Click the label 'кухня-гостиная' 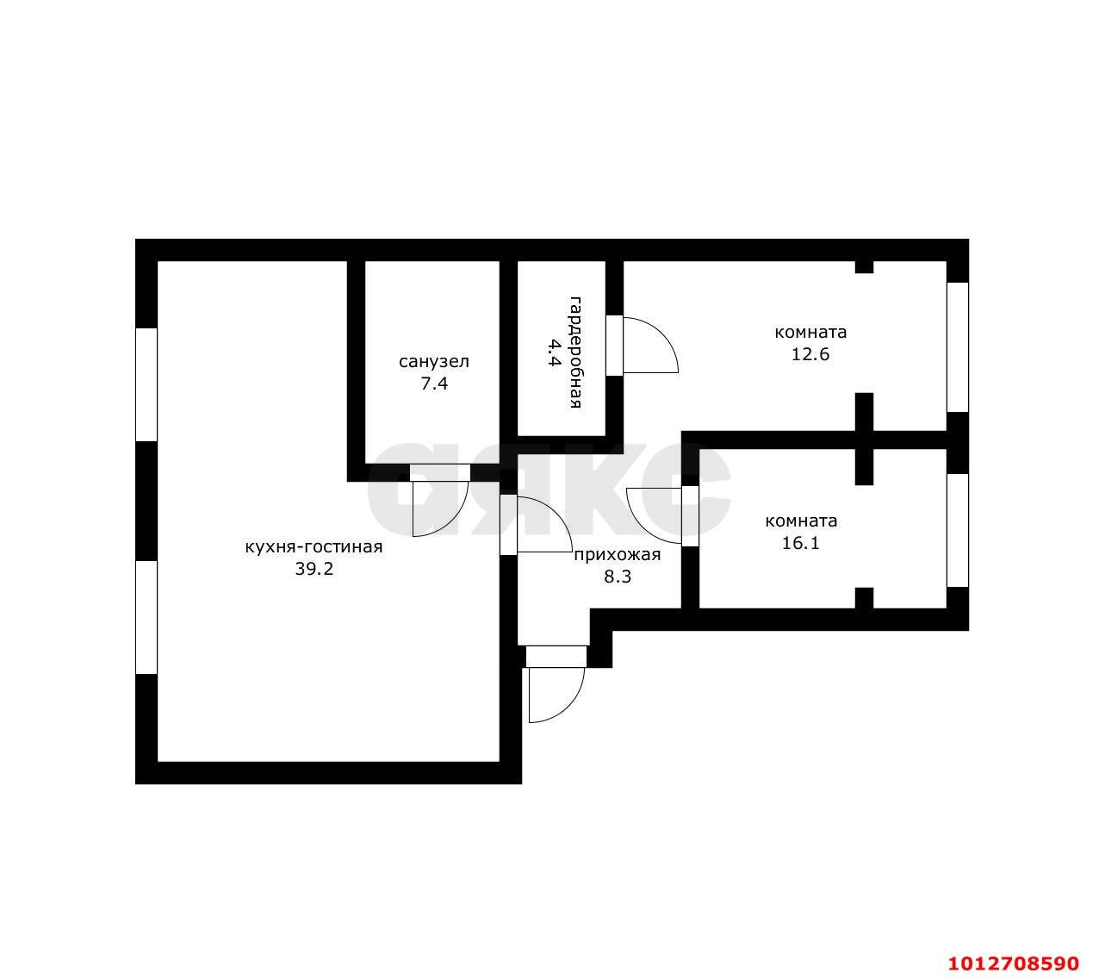pos(314,547)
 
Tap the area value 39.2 pos(314,569)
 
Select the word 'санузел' pos(433,361)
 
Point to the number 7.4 pos(434,383)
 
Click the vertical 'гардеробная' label pos(575,352)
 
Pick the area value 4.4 pos(553,352)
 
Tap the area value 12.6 pos(810,354)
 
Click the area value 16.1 pos(801,543)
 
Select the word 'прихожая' pos(618,555)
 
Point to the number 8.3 pos(618,577)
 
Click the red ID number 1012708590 pos(1013,963)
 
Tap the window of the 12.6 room pos(958,347)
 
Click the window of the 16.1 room pos(958,530)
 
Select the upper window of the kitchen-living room pos(146,384)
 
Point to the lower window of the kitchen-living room pos(146,618)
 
